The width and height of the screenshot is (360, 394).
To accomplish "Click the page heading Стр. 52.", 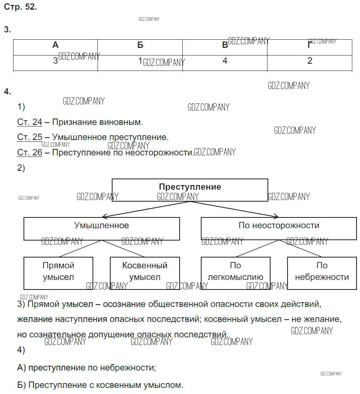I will [20, 7].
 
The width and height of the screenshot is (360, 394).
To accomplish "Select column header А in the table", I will [56, 45].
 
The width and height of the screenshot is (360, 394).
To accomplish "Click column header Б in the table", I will [140, 45].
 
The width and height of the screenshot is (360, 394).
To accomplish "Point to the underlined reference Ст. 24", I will [30, 122].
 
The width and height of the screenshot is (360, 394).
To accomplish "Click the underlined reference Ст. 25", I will [30, 137].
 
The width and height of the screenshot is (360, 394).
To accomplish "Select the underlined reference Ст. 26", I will [30, 153].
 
